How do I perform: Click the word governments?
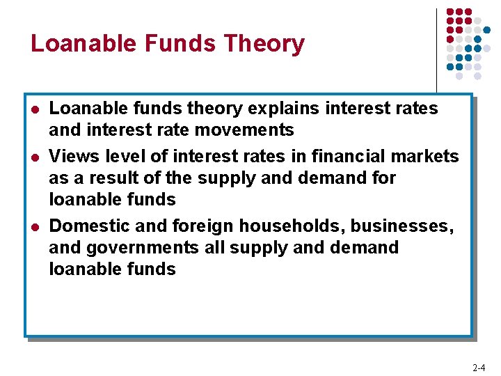pyautogui.click(x=144, y=247)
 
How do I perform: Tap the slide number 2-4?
pyautogui.click(x=479, y=367)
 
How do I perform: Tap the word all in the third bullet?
pyautogui.click(x=217, y=247)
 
